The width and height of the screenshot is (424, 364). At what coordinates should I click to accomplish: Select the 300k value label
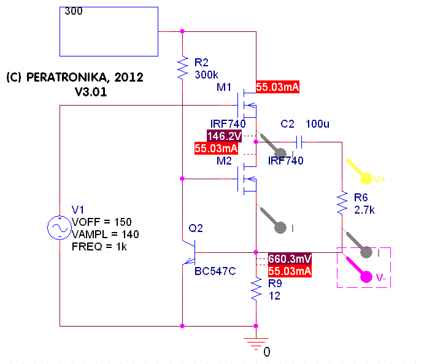click(206, 74)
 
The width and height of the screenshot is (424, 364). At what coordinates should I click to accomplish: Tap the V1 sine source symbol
click(60, 228)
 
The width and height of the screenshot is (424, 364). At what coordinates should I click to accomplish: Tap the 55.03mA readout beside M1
click(277, 87)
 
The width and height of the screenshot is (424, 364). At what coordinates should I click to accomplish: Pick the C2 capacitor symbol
click(299, 142)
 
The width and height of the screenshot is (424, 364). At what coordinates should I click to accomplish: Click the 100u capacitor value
click(318, 124)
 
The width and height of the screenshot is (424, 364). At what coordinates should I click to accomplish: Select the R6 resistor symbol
click(341, 203)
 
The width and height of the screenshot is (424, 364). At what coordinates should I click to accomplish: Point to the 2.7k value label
click(364, 209)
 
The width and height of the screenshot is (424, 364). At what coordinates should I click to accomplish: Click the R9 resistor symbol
click(256, 289)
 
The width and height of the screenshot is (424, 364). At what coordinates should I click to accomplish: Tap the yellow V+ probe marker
click(364, 177)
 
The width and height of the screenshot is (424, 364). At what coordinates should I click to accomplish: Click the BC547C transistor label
click(215, 271)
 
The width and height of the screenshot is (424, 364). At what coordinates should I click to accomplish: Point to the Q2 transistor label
click(196, 228)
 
